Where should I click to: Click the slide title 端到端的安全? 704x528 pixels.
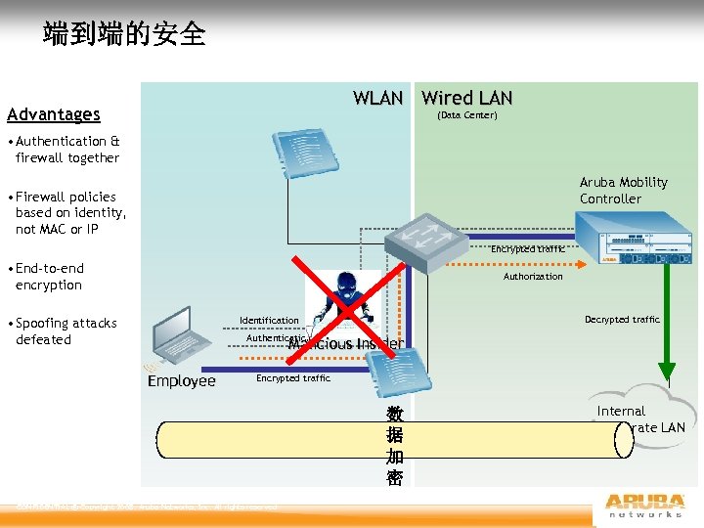[124, 34]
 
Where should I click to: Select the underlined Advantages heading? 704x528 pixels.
[53, 114]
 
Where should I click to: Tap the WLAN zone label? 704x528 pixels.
[377, 98]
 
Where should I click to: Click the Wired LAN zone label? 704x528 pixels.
[466, 98]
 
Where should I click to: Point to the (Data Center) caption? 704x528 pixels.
[466, 115]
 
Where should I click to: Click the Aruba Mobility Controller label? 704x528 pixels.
[623, 190]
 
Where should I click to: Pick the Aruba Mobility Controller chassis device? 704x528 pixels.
[635, 241]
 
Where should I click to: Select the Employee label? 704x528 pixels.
[181, 380]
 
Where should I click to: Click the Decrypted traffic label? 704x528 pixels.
[622, 320]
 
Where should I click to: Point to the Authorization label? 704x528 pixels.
[533, 277]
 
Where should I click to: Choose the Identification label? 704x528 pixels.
[269, 321]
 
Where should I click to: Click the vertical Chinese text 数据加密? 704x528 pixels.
[394, 446]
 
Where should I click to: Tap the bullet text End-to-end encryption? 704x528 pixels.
[49, 277]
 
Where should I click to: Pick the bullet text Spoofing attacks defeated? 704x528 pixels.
[66, 331]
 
